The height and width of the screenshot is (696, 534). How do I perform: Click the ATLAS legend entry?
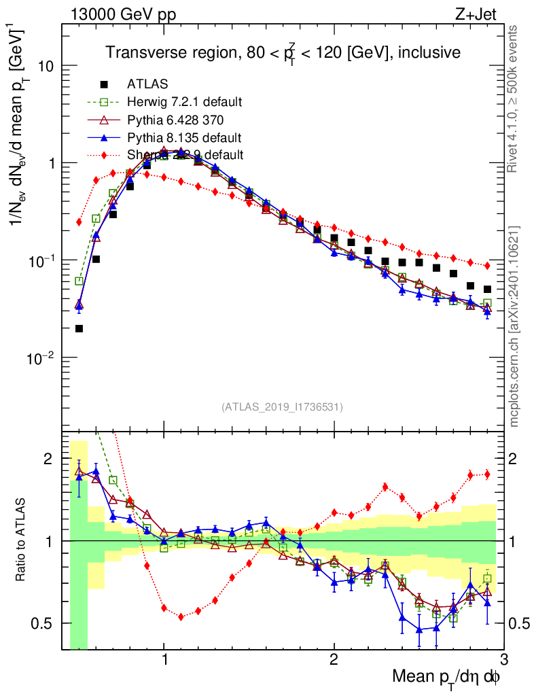tap(143, 84)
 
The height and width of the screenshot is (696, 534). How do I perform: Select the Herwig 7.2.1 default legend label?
tap(185, 102)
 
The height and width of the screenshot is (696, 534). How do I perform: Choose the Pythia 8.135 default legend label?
tap(184, 137)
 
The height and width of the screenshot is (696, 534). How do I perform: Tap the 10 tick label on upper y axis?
tap(46, 67)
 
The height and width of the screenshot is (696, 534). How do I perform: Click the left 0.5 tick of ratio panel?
tap(48, 623)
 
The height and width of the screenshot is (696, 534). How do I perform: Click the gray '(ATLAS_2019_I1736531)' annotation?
tap(282, 407)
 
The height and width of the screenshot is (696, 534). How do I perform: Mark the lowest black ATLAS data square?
tap(79, 328)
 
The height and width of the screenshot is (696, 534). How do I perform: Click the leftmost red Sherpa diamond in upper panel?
tap(79, 222)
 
